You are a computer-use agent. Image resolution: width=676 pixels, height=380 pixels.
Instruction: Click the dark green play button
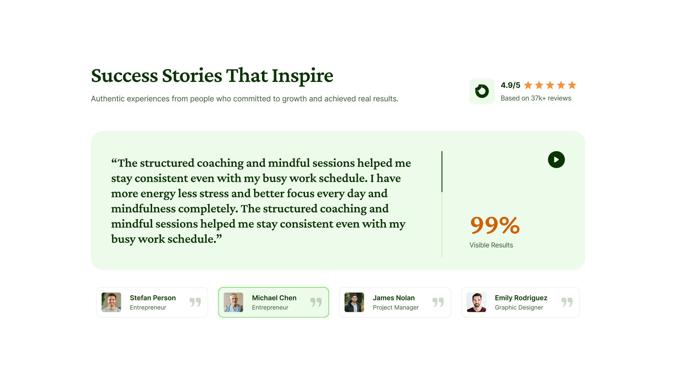point(556,160)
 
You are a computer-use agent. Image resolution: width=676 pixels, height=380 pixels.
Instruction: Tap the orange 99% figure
point(495,225)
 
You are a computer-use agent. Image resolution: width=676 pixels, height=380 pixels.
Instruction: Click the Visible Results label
point(491,245)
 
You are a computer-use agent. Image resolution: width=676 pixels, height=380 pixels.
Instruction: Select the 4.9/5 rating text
point(510,85)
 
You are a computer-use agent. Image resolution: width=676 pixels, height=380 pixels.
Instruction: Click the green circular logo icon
point(482,91)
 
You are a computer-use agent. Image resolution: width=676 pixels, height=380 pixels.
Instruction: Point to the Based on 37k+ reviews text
point(536,98)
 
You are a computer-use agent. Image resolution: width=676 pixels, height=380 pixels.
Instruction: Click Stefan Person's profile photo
point(111,302)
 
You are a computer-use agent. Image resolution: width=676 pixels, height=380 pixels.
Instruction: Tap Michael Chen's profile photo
point(234,302)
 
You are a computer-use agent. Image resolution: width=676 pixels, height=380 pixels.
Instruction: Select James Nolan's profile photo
point(354,302)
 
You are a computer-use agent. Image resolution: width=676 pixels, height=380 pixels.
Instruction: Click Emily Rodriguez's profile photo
point(476,302)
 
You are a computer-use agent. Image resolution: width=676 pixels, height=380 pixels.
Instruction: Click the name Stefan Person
point(153,298)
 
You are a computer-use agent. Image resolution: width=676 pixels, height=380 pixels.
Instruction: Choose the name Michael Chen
point(274,298)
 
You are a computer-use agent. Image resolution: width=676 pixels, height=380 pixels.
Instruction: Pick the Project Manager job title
point(396,307)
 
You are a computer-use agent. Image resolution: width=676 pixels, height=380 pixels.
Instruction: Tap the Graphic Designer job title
point(519,307)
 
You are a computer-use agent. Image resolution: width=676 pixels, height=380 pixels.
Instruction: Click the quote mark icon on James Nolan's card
point(438,302)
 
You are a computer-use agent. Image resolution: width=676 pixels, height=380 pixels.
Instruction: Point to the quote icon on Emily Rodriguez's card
point(567,302)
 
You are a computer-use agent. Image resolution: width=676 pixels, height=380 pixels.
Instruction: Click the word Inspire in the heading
point(303,76)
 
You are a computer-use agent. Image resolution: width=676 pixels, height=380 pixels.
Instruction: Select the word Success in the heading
point(124,76)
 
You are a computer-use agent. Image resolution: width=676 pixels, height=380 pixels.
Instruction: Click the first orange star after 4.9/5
point(528,85)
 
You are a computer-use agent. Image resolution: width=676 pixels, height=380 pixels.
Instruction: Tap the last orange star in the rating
point(572,85)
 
